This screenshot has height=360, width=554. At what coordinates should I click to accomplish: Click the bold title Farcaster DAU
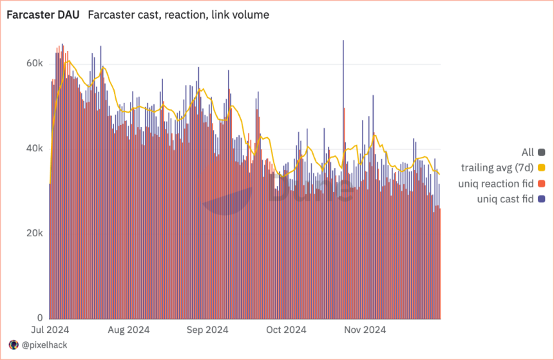click(43, 15)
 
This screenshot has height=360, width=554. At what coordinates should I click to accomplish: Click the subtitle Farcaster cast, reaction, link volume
click(178, 15)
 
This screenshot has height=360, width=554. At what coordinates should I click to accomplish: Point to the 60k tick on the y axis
click(35, 63)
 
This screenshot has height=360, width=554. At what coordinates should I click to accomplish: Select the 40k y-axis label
click(35, 148)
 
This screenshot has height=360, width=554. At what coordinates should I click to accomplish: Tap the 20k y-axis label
click(35, 233)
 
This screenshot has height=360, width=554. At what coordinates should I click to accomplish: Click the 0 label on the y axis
click(40, 317)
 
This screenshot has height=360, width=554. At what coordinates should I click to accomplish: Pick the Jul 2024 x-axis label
click(50, 330)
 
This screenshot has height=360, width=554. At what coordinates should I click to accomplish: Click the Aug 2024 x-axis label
click(129, 330)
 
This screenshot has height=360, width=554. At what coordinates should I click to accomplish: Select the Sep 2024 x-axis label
click(207, 330)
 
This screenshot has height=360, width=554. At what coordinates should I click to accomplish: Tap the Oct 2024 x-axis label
click(286, 330)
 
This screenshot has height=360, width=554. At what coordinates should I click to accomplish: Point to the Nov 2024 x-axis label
click(365, 330)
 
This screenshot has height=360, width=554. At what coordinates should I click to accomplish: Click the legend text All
click(528, 152)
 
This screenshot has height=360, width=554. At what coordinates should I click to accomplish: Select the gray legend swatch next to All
click(541, 152)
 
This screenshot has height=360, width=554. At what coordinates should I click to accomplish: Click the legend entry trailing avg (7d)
click(497, 168)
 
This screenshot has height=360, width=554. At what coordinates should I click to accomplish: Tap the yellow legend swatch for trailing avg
click(541, 168)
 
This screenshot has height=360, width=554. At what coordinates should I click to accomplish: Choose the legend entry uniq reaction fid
click(496, 184)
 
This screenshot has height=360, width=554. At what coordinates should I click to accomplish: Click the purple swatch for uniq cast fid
click(541, 199)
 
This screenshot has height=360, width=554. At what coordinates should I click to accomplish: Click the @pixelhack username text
click(44, 345)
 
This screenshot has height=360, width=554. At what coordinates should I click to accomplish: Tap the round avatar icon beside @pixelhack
click(14, 345)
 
